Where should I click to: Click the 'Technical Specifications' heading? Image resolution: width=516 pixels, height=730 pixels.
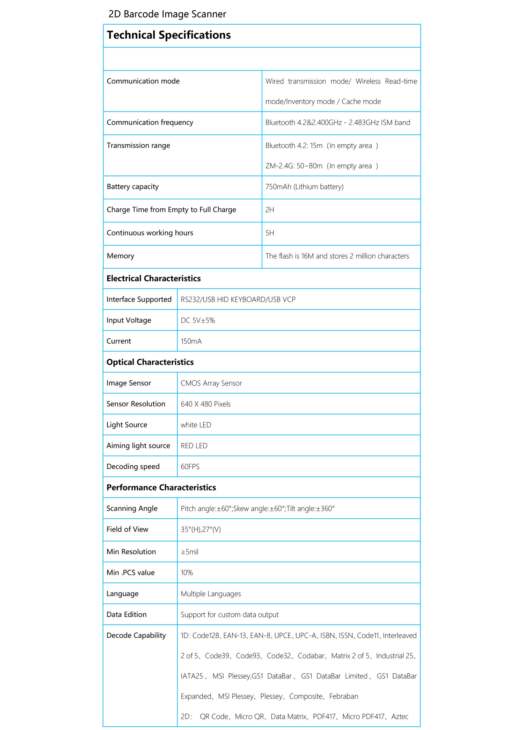tap(168, 35)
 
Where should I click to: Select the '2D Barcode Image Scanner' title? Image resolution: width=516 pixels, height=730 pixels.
tap(167, 14)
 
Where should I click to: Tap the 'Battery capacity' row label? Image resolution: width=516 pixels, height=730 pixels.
tap(133, 186)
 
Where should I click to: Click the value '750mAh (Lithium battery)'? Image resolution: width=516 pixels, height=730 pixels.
tap(304, 186)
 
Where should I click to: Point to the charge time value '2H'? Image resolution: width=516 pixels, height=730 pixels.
tap(270, 210)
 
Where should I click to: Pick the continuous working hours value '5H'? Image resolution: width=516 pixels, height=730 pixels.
tap(270, 233)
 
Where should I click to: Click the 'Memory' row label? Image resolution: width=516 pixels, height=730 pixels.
tap(121, 256)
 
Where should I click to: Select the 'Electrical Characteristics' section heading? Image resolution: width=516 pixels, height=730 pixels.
tap(154, 279)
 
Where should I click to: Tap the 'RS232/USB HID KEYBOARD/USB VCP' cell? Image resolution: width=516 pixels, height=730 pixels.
tap(238, 299)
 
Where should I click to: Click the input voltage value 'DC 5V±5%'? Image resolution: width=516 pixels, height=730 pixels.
tap(198, 321)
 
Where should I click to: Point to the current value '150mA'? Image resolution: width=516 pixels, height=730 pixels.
tap(191, 341)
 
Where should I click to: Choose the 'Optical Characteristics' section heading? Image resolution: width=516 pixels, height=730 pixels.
tap(150, 362)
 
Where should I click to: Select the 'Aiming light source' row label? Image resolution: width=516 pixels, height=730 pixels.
tap(138, 446)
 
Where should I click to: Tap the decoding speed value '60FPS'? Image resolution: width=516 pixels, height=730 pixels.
tap(190, 467)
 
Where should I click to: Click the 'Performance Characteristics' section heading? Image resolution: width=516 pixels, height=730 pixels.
tap(161, 488)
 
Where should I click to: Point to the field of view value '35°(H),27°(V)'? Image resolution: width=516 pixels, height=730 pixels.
tap(201, 529)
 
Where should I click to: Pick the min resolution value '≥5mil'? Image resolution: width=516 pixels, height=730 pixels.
tap(190, 552)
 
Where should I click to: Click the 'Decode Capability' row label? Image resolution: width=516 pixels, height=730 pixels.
tap(136, 636)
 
